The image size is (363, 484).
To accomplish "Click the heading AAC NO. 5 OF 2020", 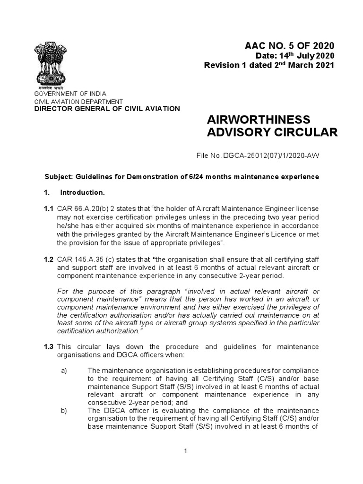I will tap(289, 46).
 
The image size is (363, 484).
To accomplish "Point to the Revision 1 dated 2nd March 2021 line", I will tap(269, 65).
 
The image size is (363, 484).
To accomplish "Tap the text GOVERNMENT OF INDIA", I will tap(69, 94).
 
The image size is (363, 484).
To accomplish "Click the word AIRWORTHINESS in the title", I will tap(259, 119).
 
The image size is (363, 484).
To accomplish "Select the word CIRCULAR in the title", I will tap(305, 132).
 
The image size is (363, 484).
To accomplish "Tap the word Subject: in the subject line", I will tap(58, 177).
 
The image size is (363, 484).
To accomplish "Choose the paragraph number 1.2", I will tap(48, 260).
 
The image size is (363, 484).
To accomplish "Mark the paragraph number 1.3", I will tap(48, 347).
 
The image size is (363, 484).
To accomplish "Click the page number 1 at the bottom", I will tap(186, 451).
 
